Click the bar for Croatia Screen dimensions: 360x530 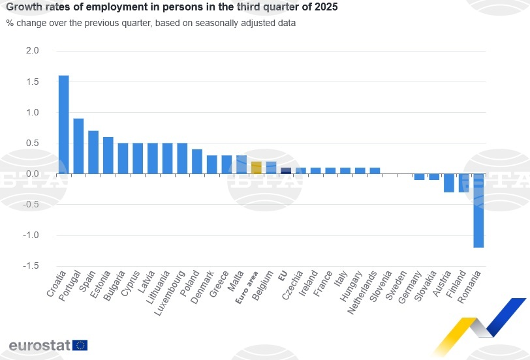[63, 125]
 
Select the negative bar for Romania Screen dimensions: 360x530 [478, 211]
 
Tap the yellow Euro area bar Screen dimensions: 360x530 [256, 168]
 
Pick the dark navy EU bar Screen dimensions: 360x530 [286, 171]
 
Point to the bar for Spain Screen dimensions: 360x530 [93, 153]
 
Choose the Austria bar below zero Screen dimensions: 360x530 [448, 183]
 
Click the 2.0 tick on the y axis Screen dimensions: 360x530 [33, 51]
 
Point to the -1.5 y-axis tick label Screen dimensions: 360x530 [31, 266]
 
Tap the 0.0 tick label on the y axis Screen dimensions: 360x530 [33, 174]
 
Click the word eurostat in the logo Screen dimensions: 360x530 [39, 345]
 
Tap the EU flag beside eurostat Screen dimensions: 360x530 [80, 345]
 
